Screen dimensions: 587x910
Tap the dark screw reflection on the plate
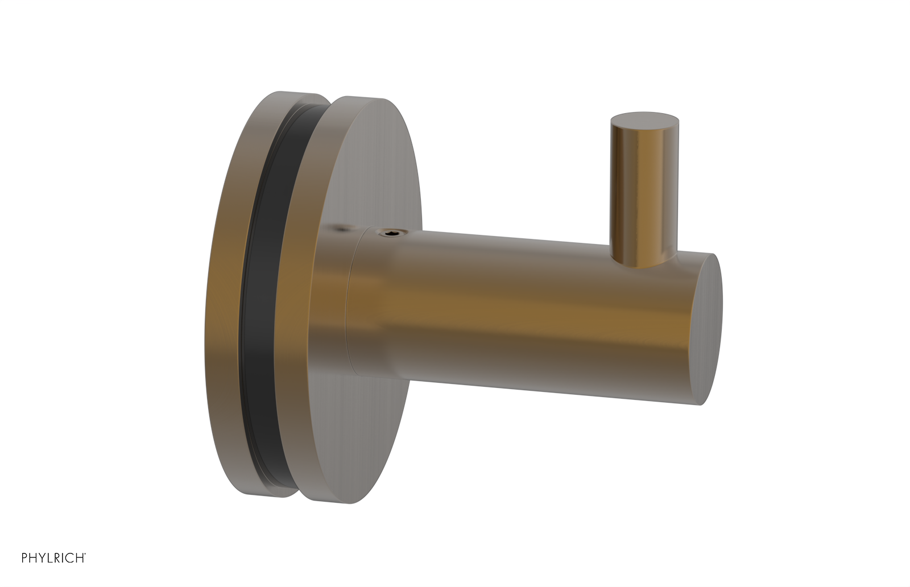click(342, 229)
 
